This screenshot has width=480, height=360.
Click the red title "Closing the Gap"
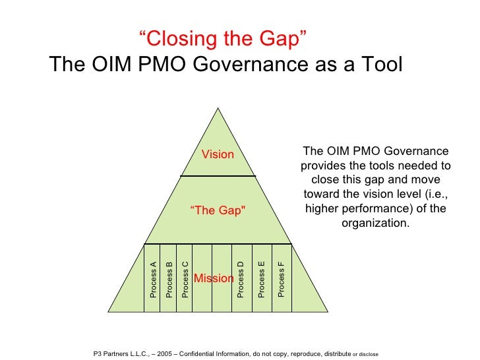click(224, 40)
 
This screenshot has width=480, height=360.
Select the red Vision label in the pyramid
click(218, 154)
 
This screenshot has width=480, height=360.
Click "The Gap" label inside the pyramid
click(218, 210)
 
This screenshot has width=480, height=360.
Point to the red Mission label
click(214, 278)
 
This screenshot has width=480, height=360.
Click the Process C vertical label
click(185, 279)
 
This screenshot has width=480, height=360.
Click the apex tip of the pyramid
click(218, 107)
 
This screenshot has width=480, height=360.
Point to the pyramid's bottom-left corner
click(108, 311)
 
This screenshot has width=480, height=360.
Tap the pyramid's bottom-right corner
click(328, 311)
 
